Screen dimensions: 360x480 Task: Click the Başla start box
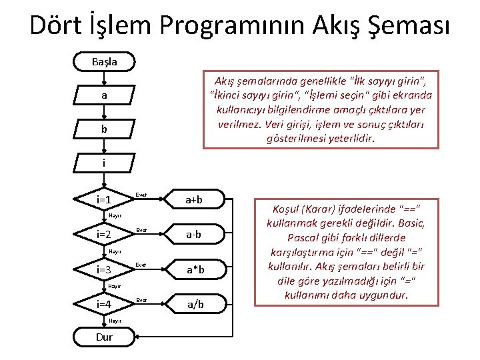click(104, 61)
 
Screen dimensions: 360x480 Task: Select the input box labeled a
click(104, 96)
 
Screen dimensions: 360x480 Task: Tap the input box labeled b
click(104, 129)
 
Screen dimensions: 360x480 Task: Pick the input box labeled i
click(104, 163)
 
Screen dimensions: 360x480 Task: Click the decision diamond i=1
click(103, 199)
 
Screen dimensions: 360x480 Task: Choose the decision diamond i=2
click(103, 234)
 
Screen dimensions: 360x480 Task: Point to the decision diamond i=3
click(103, 269)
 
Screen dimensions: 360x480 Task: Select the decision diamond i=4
click(103, 305)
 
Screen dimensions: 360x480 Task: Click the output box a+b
click(195, 199)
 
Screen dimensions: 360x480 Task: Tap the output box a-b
click(195, 234)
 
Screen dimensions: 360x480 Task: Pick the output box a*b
click(195, 269)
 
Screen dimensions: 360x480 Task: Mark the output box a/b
click(195, 305)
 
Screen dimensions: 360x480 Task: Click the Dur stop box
click(104, 337)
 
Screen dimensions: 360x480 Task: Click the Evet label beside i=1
click(141, 195)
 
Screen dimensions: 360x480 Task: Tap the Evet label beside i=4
click(141, 300)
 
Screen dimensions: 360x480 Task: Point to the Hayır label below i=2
click(115, 251)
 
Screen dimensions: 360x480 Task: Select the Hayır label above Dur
click(115, 321)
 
